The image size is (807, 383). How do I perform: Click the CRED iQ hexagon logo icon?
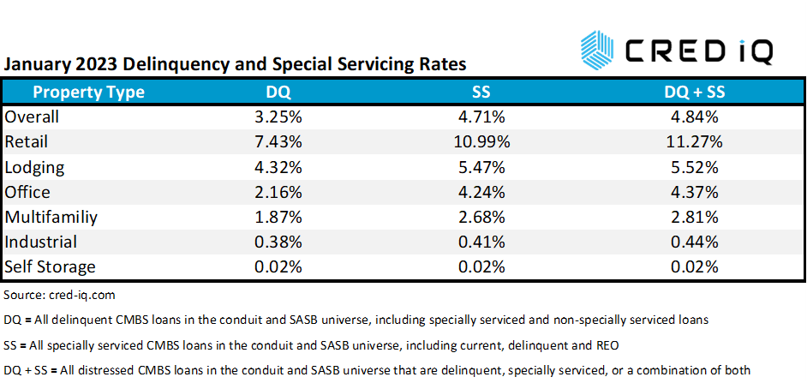pyautogui.click(x=596, y=48)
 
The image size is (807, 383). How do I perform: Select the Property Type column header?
pyautogui.click(x=88, y=92)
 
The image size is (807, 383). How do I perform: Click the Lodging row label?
pyautogui.click(x=33, y=166)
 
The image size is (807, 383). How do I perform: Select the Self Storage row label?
pyautogui.click(x=50, y=266)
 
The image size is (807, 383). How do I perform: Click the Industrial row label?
pyautogui.click(x=40, y=242)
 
